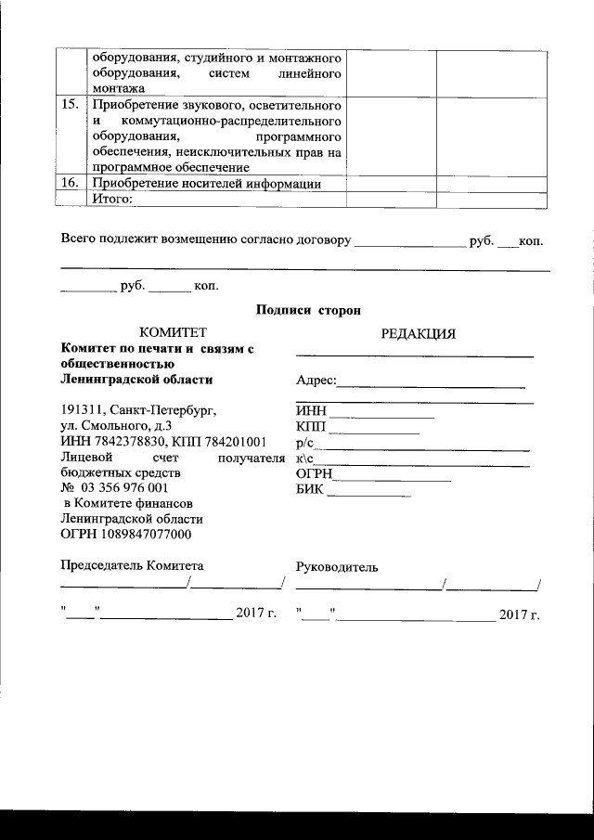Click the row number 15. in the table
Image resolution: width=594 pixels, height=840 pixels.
(69, 104)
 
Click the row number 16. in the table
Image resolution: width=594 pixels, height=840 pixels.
(69, 183)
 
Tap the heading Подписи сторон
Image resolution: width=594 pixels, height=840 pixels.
(308, 309)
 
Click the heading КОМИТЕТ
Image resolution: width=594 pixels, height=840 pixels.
(172, 332)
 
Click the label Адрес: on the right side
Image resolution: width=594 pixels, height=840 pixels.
(316, 381)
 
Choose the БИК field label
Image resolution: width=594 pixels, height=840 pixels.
(310, 489)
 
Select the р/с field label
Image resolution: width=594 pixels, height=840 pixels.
(305, 443)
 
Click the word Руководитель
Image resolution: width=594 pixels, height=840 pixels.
(336, 567)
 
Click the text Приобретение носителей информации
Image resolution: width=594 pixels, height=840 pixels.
(205, 183)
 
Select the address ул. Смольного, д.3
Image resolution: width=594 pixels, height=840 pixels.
(115, 425)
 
